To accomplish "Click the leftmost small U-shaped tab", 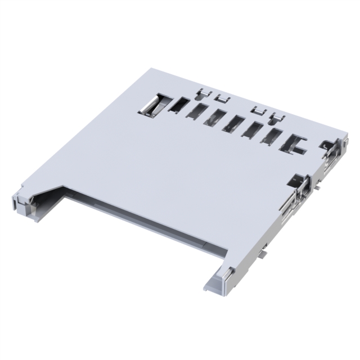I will (x=204, y=93).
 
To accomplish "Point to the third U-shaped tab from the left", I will (x=258, y=110).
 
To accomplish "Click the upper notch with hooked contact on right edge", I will (x=327, y=147).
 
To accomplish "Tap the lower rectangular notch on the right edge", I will (x=298, y=183).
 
